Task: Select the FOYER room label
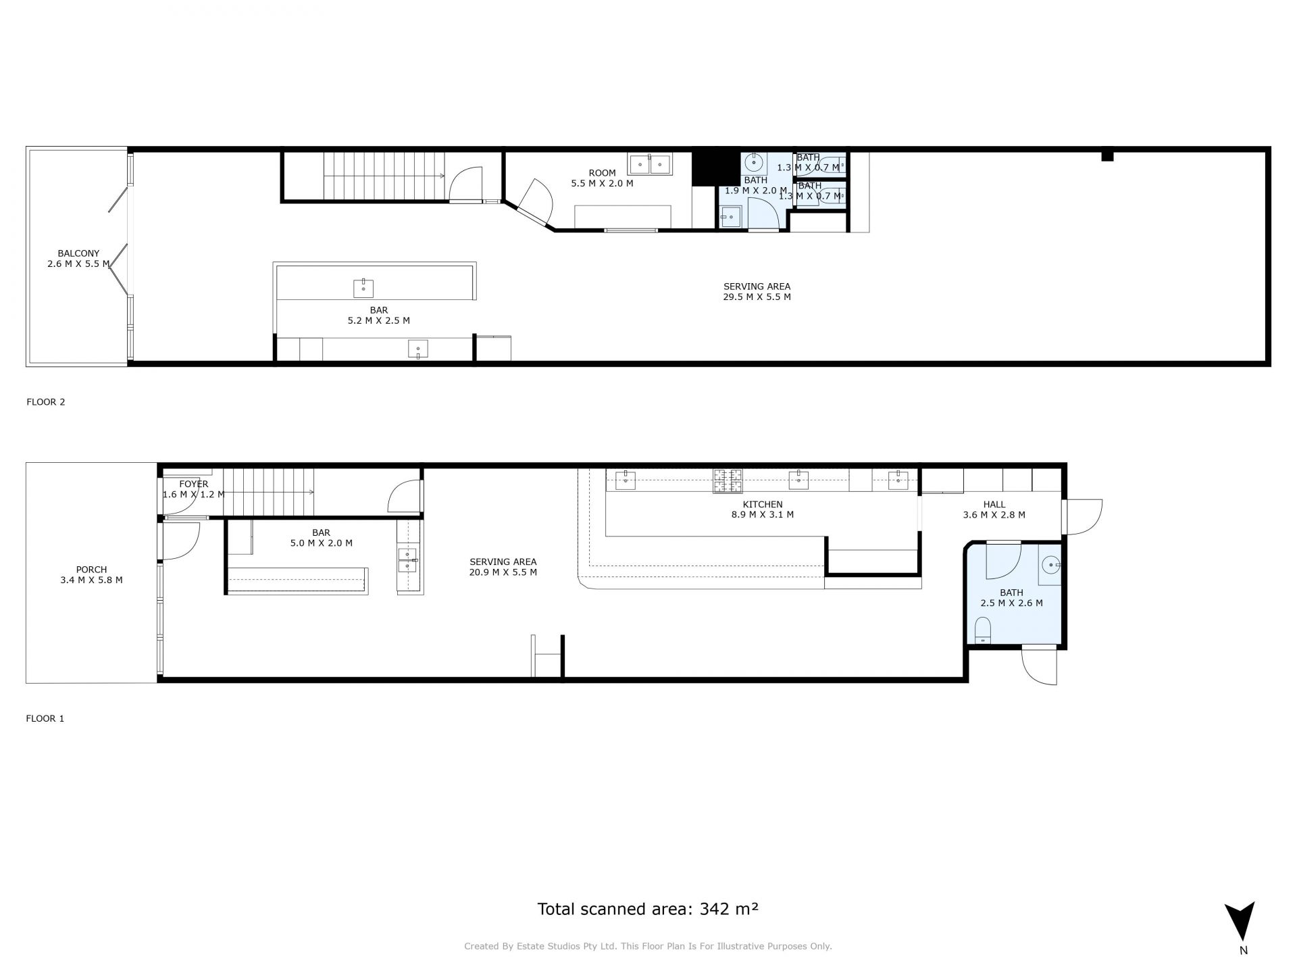tap(194, 484)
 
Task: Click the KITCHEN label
tap(763, 505)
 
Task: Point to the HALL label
tap(994, 505)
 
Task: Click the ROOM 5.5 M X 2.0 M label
tap(602, 178)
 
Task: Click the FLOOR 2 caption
tap(46, 402)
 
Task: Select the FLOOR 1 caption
tap(45, 718)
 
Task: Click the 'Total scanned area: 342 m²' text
tap(648, 909)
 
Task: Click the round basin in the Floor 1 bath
tap(1051, 564)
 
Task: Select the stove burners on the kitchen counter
tap(728, 480)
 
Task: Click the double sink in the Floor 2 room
tap(649, 164)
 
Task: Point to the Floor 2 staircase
tap(384, 176)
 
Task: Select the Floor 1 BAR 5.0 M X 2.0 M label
tap(321, 538)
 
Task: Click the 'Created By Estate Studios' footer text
tap(648, 947)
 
